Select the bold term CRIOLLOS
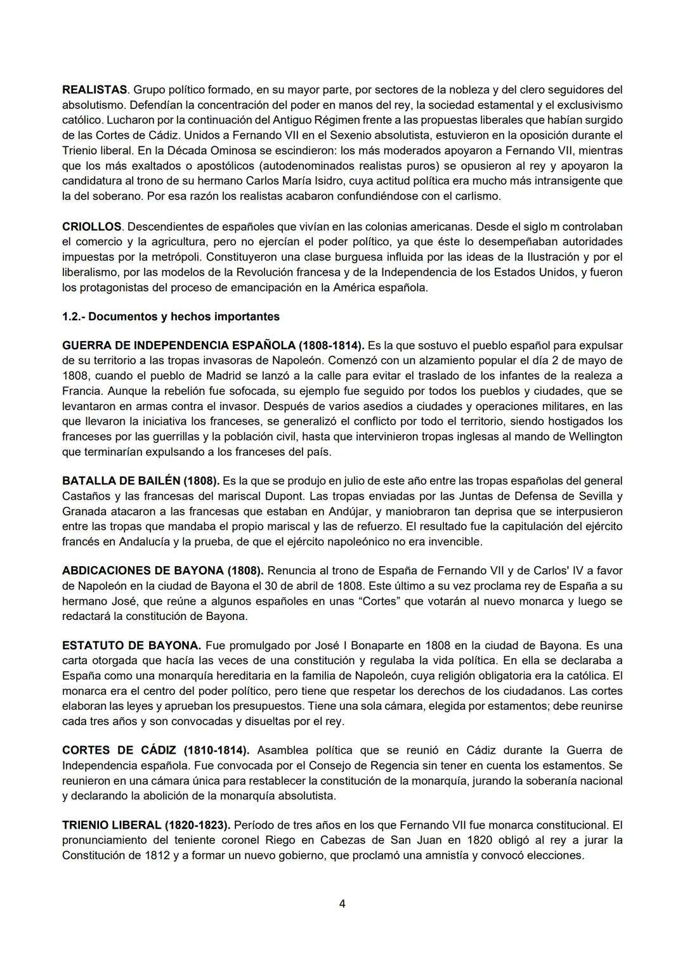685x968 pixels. [92, 226]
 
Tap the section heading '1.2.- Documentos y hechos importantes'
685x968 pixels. [171, 316]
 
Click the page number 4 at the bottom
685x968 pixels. [342, 904]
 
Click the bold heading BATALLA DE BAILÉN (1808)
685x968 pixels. [141, 481]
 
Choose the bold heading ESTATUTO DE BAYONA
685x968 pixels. [131, 645]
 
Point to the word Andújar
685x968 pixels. [334, 512]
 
